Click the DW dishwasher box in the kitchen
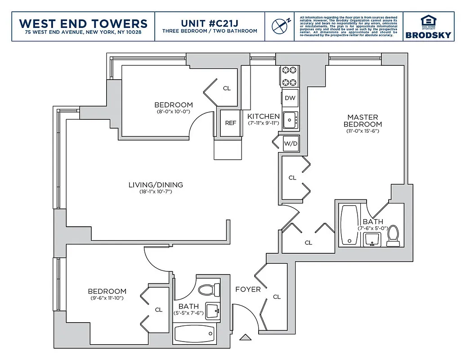pos(290,98)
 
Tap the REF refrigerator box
pos(230,123)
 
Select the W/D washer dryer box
pos(290,144)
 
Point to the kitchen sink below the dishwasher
pos(290,119)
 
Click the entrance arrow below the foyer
pos(245,337)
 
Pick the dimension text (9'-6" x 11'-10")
pos(107,298)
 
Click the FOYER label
pos(248,289)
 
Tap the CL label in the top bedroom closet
pos(227,88)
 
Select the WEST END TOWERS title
pos(84,23)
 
